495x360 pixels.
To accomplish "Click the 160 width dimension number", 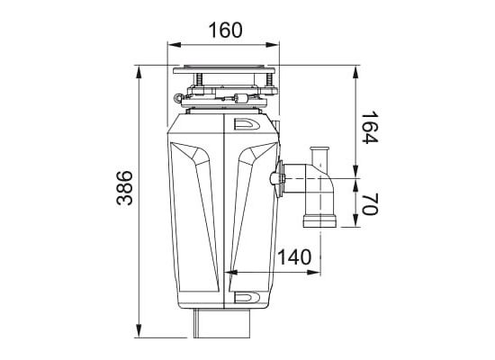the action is click(225, 30).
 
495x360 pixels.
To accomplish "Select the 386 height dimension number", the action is click(125, 188).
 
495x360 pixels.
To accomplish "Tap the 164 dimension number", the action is click(369, 127).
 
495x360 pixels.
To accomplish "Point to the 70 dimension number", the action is click(369, 203).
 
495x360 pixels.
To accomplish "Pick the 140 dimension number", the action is click(294, 257).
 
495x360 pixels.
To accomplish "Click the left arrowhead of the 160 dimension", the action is click(174, 45).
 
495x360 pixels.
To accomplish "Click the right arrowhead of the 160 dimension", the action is click(273, 45).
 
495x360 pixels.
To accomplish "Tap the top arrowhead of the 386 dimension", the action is click(139, 72).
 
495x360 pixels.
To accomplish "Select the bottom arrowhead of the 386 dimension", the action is click(139, 331).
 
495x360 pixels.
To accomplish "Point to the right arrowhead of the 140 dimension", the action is click(314, 272).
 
